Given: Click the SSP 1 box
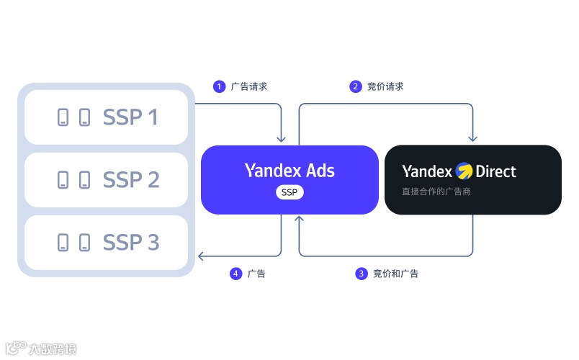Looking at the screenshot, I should click(106, 117).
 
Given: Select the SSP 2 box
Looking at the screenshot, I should click(106, 179).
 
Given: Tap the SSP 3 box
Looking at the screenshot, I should click(106, 242).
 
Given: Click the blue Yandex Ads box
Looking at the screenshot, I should click(289, 179).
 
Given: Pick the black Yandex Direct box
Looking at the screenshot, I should click(473, 179).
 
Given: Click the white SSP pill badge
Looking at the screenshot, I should click(289, 192).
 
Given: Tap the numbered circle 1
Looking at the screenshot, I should click(219, 86).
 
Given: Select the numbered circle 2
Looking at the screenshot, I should click(355, 86).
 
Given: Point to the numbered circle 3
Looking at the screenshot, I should click(362, 274).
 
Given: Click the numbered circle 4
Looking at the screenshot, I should click(235, 274).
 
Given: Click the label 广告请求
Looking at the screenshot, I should click(249, 86).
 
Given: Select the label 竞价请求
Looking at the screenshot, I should click(385, 86).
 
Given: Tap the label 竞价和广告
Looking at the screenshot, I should click(396, 274).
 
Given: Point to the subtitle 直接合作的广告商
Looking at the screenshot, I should click(436, 192).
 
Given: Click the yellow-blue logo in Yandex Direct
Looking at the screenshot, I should click(464, 171).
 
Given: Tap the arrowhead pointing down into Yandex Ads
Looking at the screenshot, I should click(281, 139).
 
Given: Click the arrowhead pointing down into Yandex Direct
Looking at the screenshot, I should click(473, 139).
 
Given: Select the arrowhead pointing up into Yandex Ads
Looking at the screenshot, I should click(300, 220).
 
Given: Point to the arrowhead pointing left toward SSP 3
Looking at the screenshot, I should click(202, 256).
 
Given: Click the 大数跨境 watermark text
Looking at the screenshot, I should click(52, 349).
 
